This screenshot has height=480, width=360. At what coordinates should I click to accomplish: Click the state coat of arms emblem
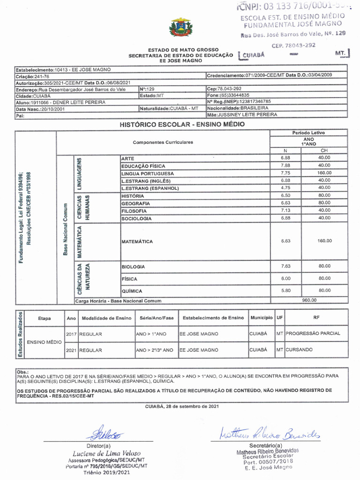point(180,27)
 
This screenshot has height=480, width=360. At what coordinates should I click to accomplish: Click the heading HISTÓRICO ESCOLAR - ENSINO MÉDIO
point(182,124)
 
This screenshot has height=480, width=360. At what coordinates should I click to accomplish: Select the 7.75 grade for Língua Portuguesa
point(285,173)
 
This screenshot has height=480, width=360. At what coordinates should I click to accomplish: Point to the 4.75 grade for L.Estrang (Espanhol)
point(285,187)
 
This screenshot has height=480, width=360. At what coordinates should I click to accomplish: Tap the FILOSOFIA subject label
point(134,211)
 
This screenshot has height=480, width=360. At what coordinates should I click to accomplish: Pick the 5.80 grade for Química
point(285,291)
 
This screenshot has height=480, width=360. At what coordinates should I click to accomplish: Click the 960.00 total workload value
point(309,300)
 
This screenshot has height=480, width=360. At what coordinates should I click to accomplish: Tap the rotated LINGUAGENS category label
point(80,173)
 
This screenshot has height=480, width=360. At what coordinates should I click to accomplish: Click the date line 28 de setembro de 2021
point(182,406)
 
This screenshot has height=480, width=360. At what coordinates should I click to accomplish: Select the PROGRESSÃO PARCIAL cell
point(313,334)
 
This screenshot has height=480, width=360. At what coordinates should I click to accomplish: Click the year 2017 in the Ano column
point(71,334)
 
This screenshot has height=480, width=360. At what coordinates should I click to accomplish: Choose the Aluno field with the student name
point(61,102)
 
